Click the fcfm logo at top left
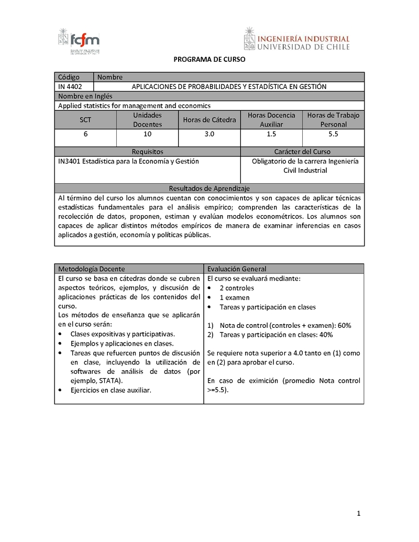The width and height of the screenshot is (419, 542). (x=79, y=41)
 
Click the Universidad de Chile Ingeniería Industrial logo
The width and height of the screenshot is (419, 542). (x=296, y=39)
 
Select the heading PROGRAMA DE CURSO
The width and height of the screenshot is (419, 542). (x=210, y=60)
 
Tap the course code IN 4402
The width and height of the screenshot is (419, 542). (x=70, y=86)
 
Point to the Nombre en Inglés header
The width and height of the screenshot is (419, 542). (x=85, y=96)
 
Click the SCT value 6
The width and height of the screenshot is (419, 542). (x=85, y=134)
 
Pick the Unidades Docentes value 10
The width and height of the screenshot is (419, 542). (x=147, y=134)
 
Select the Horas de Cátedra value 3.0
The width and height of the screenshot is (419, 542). (x=210, y=134)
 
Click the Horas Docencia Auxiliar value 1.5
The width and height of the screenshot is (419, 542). (x=271, y=134)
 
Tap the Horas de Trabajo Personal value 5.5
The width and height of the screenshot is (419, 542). (x=334, y=134)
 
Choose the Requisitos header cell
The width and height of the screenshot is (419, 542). (x=148, y=151)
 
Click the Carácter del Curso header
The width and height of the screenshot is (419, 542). (x=302, y=151)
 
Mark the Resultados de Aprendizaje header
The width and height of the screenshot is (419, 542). (x=210, y=188)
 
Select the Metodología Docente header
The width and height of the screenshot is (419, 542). (x=92, y=269)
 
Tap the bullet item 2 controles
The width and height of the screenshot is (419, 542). (x=237, y=288)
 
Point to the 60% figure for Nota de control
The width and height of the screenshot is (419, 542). (x=345, y=325)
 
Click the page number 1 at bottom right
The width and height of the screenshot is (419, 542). (x=359, y=513)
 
